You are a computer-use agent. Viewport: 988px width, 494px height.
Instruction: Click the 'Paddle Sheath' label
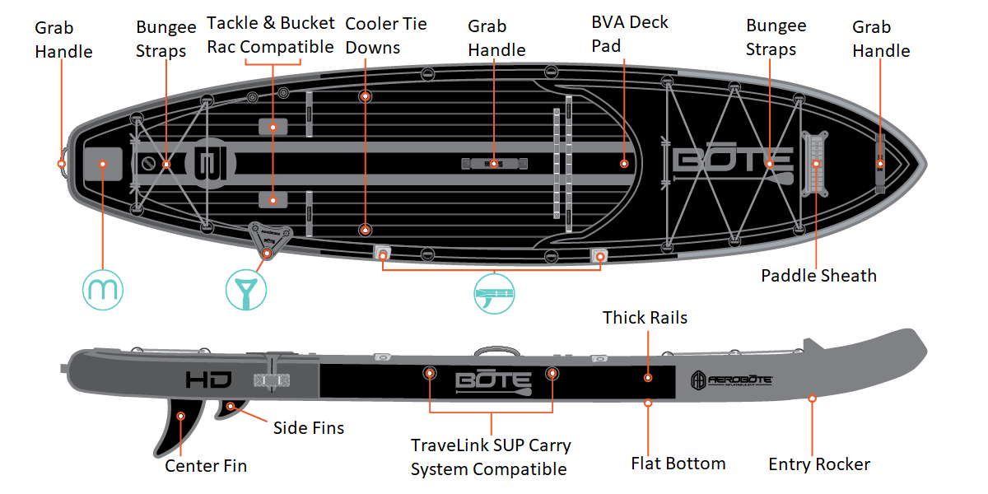tap(818, 276)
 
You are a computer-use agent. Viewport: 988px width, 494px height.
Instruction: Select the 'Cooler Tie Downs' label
tap(385, 35)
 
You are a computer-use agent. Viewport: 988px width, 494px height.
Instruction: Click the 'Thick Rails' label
tap(645, 318)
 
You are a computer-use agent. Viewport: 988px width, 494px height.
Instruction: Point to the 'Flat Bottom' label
tap(678, 464)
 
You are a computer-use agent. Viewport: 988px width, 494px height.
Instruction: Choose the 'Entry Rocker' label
tap(818, 464)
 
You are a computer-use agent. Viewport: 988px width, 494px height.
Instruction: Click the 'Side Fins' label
tap(308, 428)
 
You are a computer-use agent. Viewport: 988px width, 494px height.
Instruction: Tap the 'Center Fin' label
tap(206, 466)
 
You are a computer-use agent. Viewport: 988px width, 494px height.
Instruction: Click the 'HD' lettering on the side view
tap(208, 380)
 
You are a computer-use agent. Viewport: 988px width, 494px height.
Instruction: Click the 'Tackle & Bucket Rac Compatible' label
tap(270, 35)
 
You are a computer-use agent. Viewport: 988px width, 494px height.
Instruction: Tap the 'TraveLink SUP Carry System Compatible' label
tap(491, 458)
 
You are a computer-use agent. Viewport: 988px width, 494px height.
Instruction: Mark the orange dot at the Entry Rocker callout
tap(813, 398)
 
